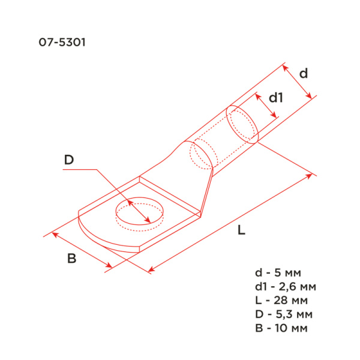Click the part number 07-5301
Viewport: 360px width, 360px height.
[x=59, y=43]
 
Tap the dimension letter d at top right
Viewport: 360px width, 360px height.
[x=304, y=73]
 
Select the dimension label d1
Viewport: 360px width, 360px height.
[x=275, y=97]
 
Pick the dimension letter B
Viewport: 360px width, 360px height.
[x=71, y=259]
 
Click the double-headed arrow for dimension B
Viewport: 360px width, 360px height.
[x=82, y=250]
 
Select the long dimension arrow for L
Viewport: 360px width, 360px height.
[x=232, y=223]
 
